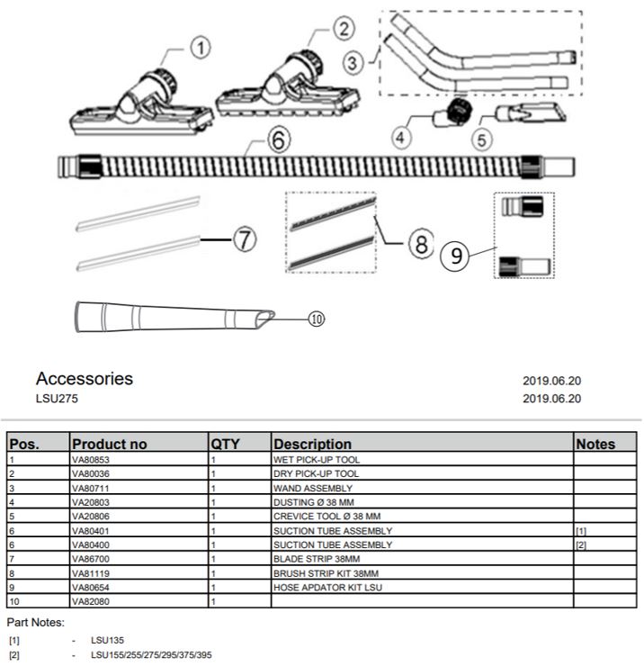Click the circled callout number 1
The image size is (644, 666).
(201, 46)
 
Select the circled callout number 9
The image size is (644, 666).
(457, 256)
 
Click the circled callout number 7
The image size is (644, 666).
(246, 240)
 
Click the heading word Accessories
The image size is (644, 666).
(85, 379)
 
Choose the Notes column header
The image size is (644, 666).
(595, 444)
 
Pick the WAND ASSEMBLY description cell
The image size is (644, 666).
(312, 488)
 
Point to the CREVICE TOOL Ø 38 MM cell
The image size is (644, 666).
(327, 517)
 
